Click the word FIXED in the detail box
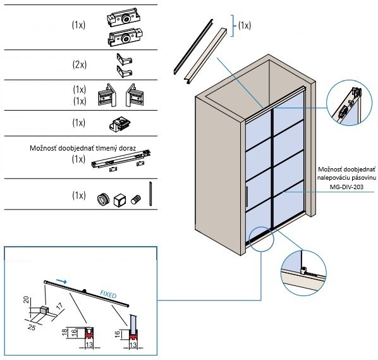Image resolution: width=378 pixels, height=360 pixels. pos(108,294)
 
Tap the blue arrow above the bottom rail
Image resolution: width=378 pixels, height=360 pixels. pos(61,281)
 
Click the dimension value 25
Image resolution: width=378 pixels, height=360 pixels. pos(32,327)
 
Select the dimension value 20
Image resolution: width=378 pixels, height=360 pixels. pos(27,299)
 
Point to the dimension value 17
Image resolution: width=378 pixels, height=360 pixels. pos(59,306)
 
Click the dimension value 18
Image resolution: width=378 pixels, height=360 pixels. pos(64,332)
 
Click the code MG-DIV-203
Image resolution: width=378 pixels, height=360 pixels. pos(346,187)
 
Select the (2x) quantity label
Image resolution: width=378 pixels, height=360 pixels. pos(79,65)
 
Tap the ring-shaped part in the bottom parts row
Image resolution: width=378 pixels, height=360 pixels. pos(103,199)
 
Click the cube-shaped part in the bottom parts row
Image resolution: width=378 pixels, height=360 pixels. pos(119,200)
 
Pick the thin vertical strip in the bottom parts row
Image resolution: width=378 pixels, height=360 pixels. pos(150,194)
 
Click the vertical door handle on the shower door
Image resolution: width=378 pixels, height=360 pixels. pos(247,197)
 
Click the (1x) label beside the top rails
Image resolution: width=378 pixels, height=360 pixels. pos(245,25)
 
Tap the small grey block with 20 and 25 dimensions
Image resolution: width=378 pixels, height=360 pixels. pos(44,309)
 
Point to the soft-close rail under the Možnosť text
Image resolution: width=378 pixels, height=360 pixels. pos(121,160)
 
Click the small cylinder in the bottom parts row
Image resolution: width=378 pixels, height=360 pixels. pos(136,200)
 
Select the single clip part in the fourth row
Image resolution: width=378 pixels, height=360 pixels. pos(119,124)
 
